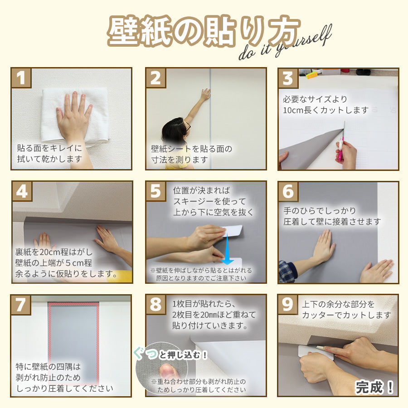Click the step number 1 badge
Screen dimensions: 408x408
pos(21,78)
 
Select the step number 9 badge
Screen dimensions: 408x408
pos(288,305)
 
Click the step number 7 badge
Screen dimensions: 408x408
pos(21,305)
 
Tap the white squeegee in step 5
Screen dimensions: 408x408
pos(234,232)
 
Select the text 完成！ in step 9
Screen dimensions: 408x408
pos(374,387)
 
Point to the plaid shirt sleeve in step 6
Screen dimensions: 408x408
pos(287,271)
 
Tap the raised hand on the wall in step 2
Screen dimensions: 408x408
pos(205,94)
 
